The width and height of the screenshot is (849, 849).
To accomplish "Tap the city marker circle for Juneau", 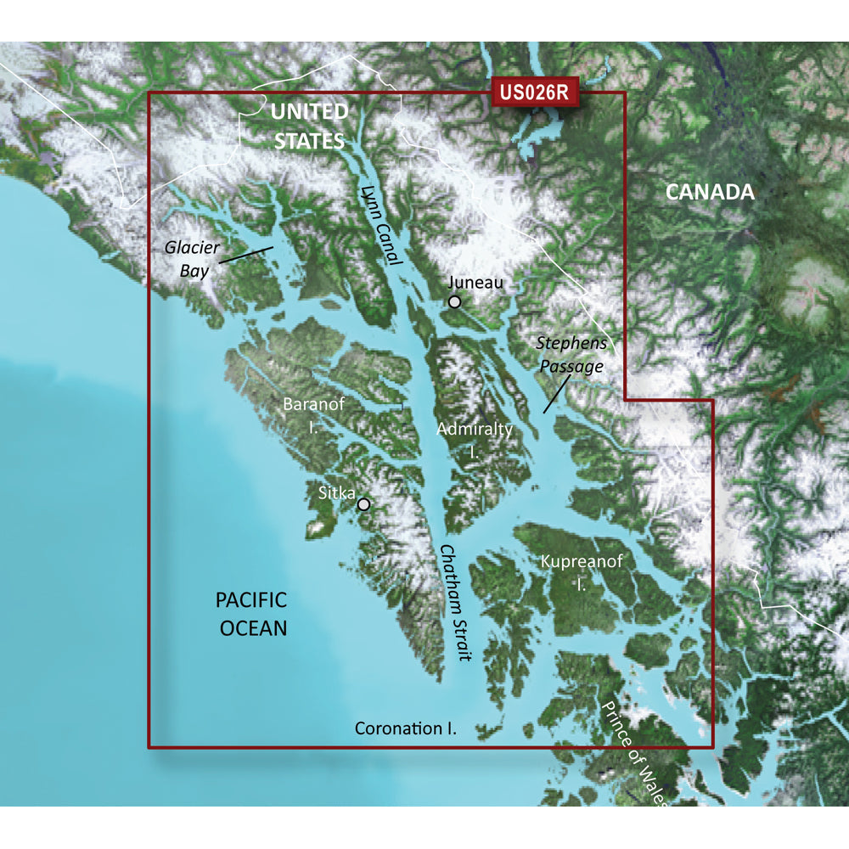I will coord(455,301).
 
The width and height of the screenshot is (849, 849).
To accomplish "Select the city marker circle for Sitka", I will coord(364,503).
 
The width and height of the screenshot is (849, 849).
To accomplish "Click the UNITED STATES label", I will coord(309,126).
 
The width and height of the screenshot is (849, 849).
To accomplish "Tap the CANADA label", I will coord(710,192).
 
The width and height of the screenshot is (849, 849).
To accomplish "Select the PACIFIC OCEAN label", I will coord(251,614).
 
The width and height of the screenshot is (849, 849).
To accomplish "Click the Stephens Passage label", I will coord(571,354).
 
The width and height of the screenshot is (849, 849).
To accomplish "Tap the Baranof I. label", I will coord(314,414).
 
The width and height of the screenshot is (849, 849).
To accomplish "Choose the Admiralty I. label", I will coord(475,440).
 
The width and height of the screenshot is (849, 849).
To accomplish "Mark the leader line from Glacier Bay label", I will coord(245,256).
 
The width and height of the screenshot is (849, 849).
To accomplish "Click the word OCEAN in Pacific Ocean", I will coord(254,628).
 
